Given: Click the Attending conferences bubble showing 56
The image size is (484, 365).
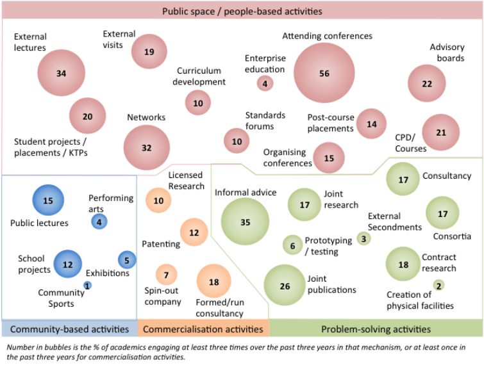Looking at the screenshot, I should [325, 74].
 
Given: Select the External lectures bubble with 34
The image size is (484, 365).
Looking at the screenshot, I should [61, 73].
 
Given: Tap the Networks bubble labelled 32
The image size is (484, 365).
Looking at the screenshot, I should [147, 148].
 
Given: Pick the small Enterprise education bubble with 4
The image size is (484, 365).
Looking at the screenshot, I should [265, 83].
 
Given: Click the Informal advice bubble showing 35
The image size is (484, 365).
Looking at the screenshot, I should [245, 222].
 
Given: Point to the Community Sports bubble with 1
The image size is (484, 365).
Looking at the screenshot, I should [88, 285].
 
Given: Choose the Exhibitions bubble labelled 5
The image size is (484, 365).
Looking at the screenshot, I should [127, 260].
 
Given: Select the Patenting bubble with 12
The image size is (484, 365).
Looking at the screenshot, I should [194, 232].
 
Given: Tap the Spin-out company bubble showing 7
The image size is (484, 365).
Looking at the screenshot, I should [166, 275].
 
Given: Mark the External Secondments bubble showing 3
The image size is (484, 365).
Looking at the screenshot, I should [363, 239].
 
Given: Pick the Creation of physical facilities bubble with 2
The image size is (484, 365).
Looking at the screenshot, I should [438, 285].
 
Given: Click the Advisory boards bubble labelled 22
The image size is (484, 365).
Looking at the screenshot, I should [427, 84].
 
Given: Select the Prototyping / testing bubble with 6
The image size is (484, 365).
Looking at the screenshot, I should [292, 245].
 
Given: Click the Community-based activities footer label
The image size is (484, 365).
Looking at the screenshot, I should [69, 329].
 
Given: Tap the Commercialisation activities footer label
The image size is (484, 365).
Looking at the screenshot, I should [203, 329].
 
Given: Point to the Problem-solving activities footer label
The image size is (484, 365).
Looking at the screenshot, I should [376, 329].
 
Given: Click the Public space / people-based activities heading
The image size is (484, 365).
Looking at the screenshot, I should [242, 11].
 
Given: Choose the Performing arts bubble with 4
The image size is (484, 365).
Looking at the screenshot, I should [99, 222].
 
